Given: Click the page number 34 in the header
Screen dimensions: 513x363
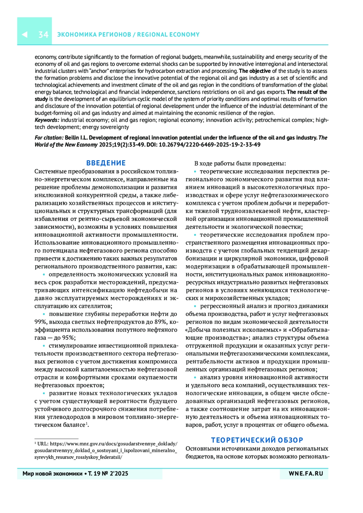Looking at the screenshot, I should point(43,34).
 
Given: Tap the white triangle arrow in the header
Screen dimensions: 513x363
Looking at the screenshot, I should point(25,34).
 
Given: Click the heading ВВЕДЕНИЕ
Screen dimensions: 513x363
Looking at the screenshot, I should point(106,163).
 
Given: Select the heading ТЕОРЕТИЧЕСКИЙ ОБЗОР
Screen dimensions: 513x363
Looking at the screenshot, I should point(257,440).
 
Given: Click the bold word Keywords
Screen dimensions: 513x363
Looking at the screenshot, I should point(47,120).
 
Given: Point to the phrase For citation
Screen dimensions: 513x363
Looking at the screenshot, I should point(49,138).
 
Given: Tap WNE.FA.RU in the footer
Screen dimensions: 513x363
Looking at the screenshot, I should point(306,473).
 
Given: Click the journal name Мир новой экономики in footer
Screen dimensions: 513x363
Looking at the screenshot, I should point(52,473).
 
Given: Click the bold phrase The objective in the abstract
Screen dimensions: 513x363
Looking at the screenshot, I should point(255,71).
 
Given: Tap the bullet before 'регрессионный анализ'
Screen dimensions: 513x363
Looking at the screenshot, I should point(195,306).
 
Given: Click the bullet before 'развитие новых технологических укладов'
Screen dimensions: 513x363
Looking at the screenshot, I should point(44,393).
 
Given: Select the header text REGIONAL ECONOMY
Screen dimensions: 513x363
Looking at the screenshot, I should point(168,34).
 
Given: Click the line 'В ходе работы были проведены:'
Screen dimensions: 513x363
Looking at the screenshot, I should point(240,164).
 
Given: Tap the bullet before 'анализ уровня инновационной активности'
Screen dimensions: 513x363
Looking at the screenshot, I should point(195,378).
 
